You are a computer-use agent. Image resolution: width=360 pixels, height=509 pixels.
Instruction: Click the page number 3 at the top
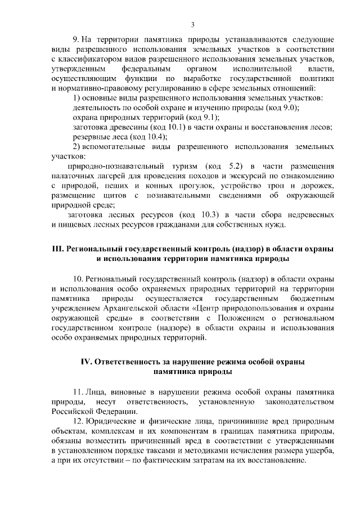click(x=192, y=24)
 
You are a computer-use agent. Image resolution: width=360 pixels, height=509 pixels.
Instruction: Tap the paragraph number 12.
click(x=78, y=421)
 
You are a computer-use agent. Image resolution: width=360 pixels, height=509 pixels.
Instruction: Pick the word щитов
click(x=106, y=195)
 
